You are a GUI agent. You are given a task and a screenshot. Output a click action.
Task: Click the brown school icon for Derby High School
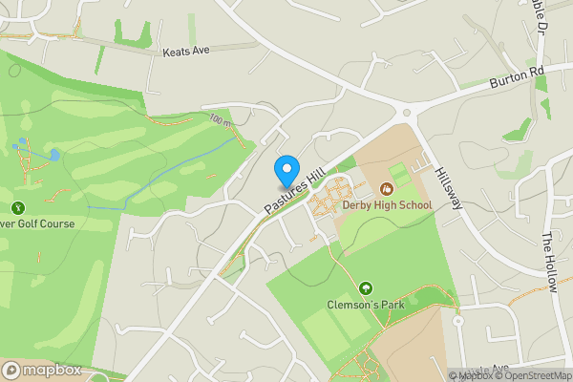pyautogui.click(x=386, y=189)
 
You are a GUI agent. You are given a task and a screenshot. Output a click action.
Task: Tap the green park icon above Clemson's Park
pyautogui.click(x=365, y=288)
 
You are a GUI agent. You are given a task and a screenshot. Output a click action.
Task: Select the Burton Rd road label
pyautogui.click(x=516, y=77)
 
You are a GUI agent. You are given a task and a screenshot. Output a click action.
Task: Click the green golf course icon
pyautogui.click(x=17, y=207)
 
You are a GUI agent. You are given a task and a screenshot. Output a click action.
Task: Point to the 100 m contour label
pyautogui.click(x=221, y=120)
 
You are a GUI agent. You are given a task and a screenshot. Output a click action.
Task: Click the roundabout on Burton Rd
pyautogui.click(x=410, y=112)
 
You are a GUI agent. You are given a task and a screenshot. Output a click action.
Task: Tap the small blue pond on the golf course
pyautogui.click(x=53, y=154)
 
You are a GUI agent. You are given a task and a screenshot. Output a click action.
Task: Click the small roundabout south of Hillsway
pyautogui.click(x=458, y=321)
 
